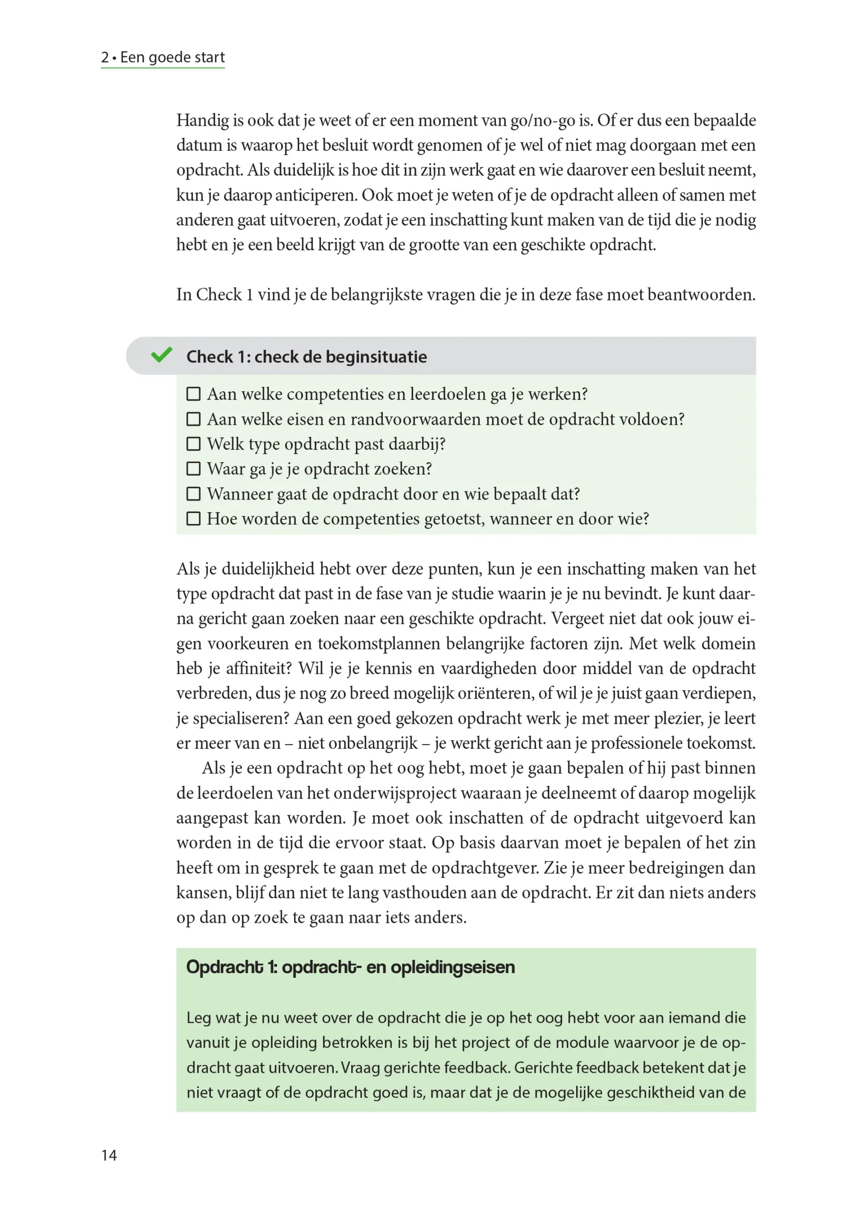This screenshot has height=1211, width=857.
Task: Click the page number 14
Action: pyautogui.click(x=109, y=1155)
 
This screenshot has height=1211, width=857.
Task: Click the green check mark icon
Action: pyautogui.click(x=162, y=355)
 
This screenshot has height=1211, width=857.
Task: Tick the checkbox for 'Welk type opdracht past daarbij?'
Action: pyautogui.click(x=194, y=444)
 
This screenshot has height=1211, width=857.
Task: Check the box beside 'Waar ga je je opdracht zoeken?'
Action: pyautogui.click(x=194, y=468)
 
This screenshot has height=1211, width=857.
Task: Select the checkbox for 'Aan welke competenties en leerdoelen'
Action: pyautogui.click(x=194, y=394)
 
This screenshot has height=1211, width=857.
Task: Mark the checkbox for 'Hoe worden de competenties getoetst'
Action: pyautogui.click(x=194, y=518)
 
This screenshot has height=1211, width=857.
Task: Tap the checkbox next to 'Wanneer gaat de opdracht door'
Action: pyautogui.click(x=194, y=494)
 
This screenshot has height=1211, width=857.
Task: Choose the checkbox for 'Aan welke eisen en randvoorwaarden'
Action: pyautogui.click(x=194, y=419)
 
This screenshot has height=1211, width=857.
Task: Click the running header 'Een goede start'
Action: pyautogui.click(x=172, y=57)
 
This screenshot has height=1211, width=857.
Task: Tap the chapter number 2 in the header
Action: pyautogui.click(x=105, y=57)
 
